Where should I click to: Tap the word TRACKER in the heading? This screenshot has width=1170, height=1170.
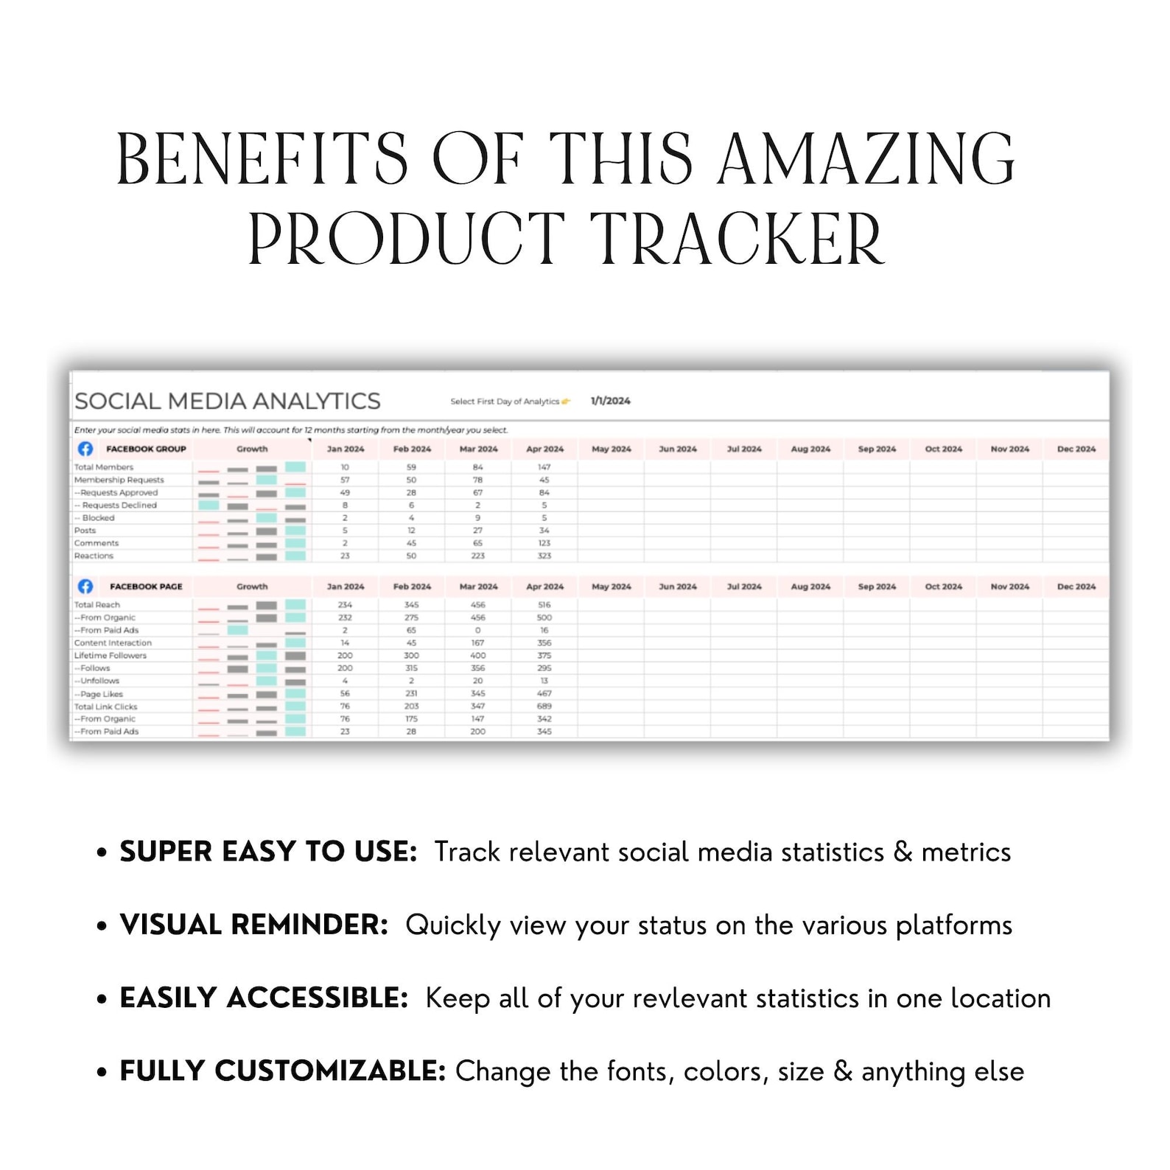click(x=737, y=239)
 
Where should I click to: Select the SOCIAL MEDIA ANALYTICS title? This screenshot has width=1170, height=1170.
click(x=227, y=401)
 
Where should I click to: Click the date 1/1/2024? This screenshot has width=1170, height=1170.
click(x=610, y=401)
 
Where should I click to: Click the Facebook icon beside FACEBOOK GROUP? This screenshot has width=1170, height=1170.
click(x=85, y=449)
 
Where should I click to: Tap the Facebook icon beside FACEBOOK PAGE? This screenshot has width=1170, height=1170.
click(x=85, y=586)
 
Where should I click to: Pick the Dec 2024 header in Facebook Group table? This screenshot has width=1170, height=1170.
click(x=1076, y=449)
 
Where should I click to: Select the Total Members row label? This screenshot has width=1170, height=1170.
click(x=104, y=467)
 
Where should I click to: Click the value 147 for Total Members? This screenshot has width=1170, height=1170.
click(x=544, y=467)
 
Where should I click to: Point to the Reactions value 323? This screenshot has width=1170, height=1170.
click(x=544, y=556)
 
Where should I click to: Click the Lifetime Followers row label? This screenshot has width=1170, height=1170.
click(x=111, y=655)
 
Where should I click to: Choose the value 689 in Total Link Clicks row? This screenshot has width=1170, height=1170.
click(x=544, y=706)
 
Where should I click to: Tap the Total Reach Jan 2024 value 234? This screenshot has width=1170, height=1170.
click(x=345, y=605)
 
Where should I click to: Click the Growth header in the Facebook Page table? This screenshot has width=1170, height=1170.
click(x=252, y=586)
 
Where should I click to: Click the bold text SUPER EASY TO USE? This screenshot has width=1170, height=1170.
click(x=268, y=852)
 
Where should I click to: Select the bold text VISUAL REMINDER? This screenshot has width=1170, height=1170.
click(x=253, y=925)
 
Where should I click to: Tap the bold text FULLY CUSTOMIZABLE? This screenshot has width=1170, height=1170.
click(x=282, y=1071)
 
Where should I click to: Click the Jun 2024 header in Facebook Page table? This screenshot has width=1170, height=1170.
click(x=677, y=586)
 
